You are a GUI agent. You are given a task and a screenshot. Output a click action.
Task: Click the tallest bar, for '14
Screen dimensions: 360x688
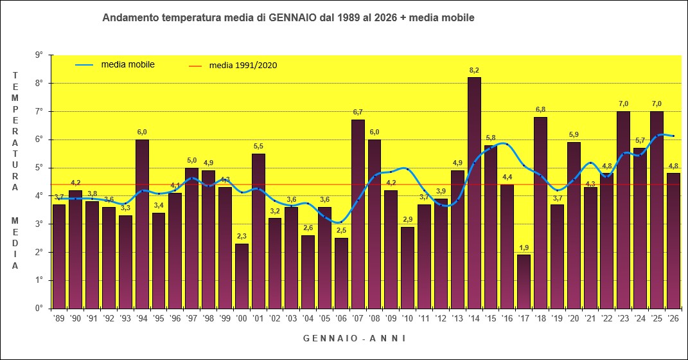(474, 193)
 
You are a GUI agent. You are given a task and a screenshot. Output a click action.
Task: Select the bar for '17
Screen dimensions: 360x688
(524, 282)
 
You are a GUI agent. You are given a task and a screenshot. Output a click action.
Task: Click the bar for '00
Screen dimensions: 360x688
(242, 276)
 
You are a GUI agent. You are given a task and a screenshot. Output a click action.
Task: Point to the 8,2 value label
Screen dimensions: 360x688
(475, 69)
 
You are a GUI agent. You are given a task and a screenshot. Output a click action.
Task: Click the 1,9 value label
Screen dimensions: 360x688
(524, 248)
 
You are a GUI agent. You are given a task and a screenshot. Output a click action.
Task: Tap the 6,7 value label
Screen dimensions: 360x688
(358, 112)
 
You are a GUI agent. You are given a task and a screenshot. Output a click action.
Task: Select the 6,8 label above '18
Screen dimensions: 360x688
(541, 109)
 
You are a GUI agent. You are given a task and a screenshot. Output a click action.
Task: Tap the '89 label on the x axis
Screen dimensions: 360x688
(58, 318)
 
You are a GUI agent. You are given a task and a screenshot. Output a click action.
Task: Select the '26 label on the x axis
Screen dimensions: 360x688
(673, 318)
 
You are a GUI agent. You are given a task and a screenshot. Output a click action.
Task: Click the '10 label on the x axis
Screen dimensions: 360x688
(407, 318)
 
